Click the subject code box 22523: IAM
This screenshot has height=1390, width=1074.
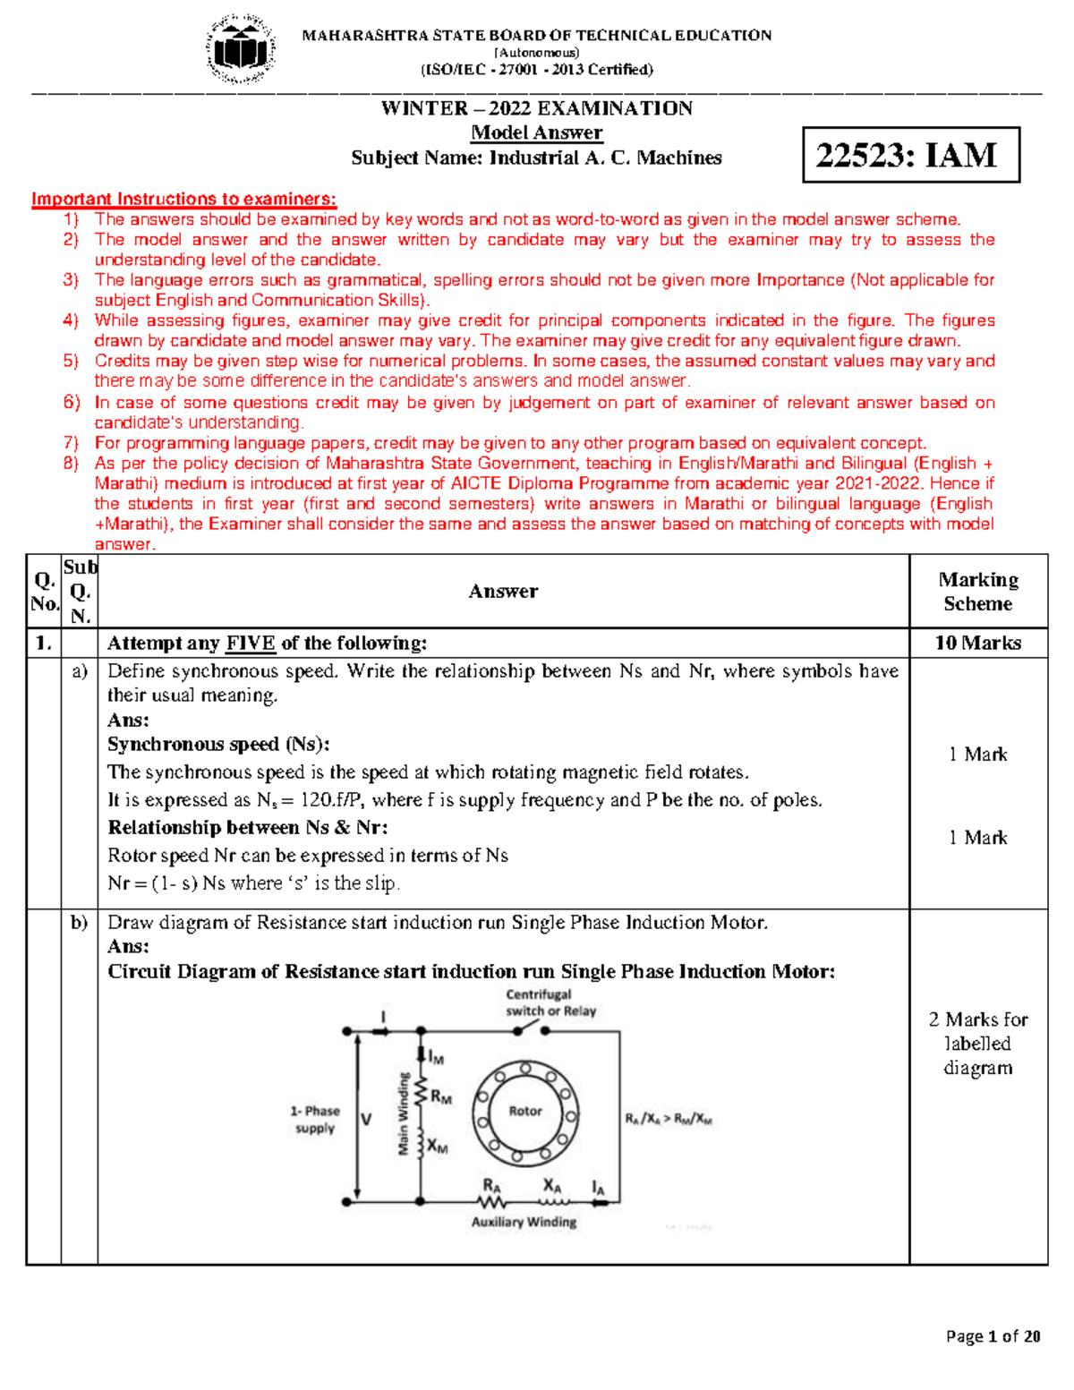[910, 156]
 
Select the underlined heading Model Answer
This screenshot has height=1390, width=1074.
[536, 132]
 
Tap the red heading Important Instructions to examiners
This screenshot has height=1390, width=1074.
[183, 199]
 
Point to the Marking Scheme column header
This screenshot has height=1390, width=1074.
[977, 592]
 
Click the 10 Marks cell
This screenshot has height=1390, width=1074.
[977, 643]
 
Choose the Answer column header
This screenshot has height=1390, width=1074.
[503, 592]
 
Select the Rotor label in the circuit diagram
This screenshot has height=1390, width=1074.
[525, 1111]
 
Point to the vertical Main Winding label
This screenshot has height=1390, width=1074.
[404, 1113]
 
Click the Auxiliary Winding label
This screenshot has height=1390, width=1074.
[524, 1222]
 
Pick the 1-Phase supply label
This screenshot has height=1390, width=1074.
[314, 1120]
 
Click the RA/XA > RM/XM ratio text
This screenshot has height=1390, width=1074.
[668, 1119]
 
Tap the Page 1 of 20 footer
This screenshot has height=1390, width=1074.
[993, 1336]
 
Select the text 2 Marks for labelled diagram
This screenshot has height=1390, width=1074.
[977, 1044]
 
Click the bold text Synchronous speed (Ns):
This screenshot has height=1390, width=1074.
[218, 745]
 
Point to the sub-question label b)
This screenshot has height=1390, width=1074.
[80, 923]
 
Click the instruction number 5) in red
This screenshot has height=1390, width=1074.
[71, 361]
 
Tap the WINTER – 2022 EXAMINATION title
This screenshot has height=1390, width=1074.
[536, 108]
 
